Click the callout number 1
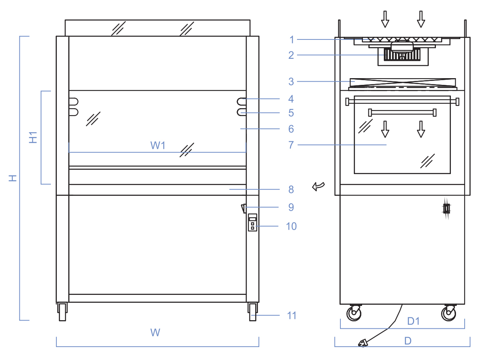coord(292,39)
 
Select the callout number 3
coord(291,82)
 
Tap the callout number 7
coord(291,145)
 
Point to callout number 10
coord(291,226)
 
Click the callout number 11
coord(292,315)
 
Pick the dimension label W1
coord(158,145)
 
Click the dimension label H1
coord(33,137)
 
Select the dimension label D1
coord(413,321)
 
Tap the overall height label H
coord(13,178)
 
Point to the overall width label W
coord(155,333)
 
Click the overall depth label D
coord(408,341)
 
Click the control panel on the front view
coord(252,223)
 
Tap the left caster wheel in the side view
coord(354,313)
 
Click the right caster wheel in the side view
coord(448,313)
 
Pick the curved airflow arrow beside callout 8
coord(318,186)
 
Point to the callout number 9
coord(291,207)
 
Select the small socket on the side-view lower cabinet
coord(447,208)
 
